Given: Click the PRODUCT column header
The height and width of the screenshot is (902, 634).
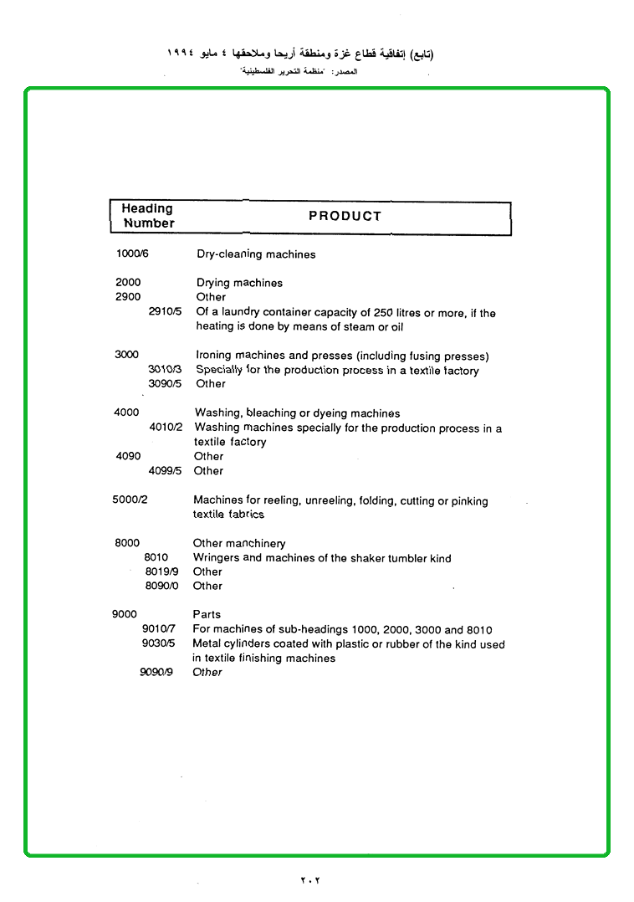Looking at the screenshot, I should (345, 216).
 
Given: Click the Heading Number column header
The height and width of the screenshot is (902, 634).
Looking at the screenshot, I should (147, 216).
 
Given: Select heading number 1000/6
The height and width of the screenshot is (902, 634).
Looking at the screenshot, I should (132, 254).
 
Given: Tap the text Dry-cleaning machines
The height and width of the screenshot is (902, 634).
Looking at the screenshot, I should (256, 254).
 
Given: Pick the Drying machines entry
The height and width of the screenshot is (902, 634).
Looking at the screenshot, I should (239, 283).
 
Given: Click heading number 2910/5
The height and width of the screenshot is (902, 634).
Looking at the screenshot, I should (165, 312).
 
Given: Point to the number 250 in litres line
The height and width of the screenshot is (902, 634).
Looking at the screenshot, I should (384, 313).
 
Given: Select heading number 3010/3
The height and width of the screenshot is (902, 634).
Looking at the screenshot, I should (165, 370).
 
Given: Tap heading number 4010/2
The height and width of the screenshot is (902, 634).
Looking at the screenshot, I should (166, 428).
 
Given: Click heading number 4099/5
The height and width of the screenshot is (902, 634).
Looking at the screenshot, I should (165, 471).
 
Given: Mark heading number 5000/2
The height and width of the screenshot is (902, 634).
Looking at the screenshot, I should (130, 500).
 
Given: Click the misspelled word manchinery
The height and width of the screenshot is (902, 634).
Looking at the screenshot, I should (255, 544).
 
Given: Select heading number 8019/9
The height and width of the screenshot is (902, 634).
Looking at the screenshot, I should (161, 571).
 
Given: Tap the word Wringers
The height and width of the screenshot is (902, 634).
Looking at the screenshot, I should (216, 558).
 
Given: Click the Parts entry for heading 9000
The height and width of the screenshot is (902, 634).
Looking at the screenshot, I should (207, 614).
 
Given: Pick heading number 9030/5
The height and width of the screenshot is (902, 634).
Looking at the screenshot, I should (158, 643).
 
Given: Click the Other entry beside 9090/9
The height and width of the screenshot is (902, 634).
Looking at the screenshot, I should (207, 672).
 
